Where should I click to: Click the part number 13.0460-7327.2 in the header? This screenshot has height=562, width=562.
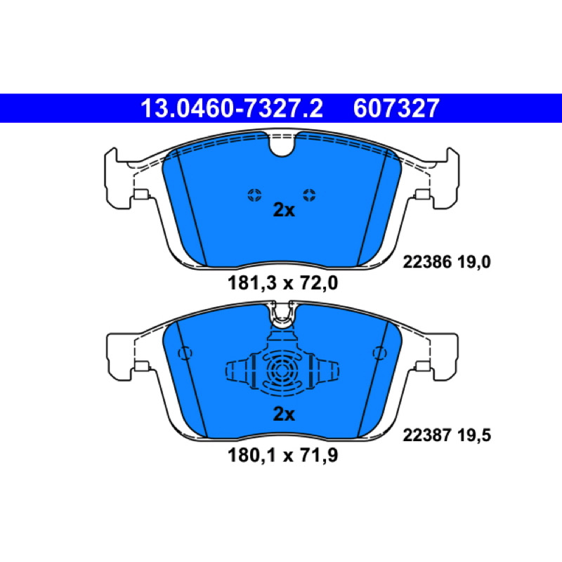point(232,108)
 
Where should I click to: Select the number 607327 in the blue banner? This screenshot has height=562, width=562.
point(396,108)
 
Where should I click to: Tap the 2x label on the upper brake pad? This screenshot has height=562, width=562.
point(284,210)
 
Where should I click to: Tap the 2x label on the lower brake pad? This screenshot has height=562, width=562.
point(284,414)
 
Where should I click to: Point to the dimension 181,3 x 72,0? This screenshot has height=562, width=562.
point(283,283)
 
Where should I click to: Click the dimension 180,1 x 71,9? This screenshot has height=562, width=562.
point(283,456)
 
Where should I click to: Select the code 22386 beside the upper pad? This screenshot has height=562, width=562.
point(427,262)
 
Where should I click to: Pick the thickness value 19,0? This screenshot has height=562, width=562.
point(473,262)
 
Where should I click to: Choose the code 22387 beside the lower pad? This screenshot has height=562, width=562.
point(427,436)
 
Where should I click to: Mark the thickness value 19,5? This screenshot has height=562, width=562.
point(473,436)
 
